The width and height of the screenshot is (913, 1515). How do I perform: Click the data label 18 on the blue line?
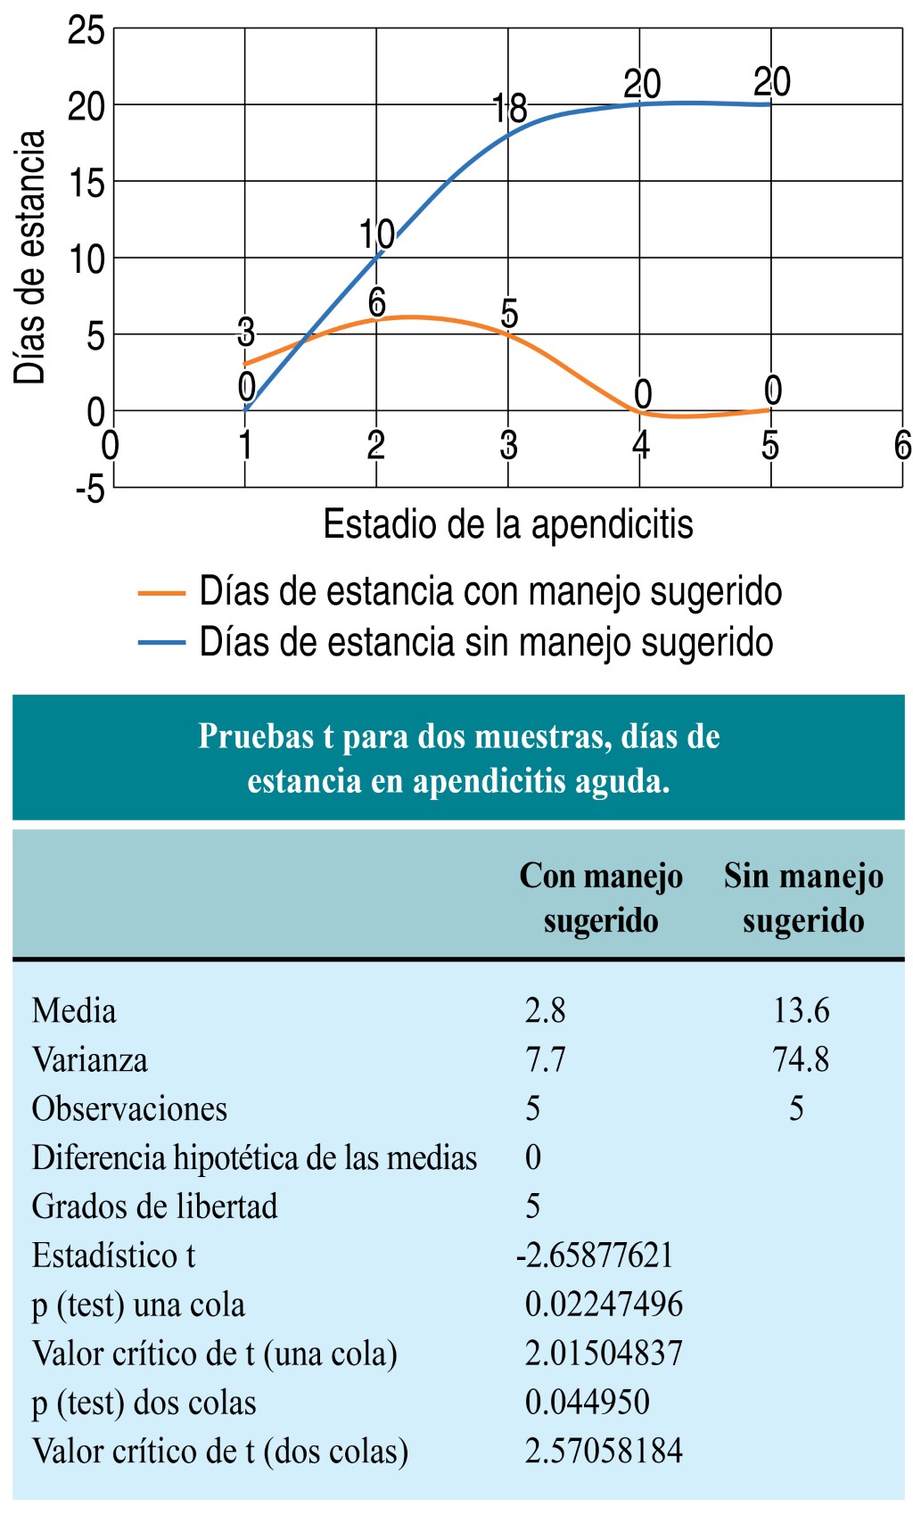tap(510, 109)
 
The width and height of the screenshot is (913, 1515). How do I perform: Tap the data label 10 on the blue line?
tap(376, 235)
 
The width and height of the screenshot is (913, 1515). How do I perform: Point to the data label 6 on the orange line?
tap(377, 303)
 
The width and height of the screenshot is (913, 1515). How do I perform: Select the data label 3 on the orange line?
tap(246, 332)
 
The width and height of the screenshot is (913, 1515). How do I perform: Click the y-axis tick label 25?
tap(86, 31)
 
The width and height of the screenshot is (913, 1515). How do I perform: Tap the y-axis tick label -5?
tap(89, 489)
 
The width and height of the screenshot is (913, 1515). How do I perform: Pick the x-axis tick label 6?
tap(902, 445)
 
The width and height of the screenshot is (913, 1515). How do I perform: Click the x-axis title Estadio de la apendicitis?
tap(507, 524)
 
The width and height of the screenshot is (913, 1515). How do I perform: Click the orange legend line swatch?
tap(161, 592)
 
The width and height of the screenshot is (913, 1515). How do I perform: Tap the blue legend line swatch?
tap(161, 642)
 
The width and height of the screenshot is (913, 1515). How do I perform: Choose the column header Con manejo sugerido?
tap(601, 898)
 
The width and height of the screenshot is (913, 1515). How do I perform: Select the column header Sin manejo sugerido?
tap(803, 898)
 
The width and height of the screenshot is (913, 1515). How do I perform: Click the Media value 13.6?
tap(801, 1011)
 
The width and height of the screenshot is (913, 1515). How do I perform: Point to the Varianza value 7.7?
tap(545, 1060)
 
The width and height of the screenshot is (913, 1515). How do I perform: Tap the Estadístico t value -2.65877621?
tap(594, 1256)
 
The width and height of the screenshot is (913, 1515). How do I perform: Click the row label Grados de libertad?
tap(154, 1206)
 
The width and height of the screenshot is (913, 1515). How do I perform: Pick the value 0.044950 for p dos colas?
tap(587, 1403)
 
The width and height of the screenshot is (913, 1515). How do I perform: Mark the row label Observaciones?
tap(129, 1109)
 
